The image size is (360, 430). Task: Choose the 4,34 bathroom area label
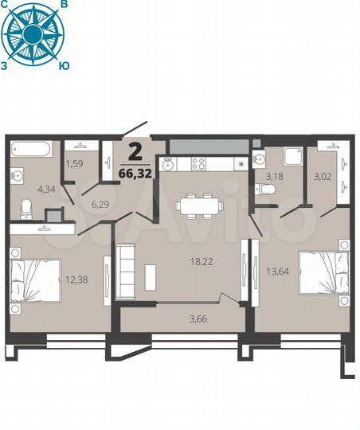point(46,190)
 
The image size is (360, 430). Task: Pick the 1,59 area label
point(74,164)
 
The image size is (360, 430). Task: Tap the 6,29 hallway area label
point(100,205)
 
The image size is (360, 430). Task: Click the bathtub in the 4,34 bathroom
point(31,147)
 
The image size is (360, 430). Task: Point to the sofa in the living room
point(127,267)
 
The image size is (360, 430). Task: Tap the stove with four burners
point(198,163)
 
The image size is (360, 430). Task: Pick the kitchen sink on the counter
point(169,164)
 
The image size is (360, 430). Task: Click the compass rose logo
point(33,33)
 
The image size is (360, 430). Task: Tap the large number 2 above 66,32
point(136,151)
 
